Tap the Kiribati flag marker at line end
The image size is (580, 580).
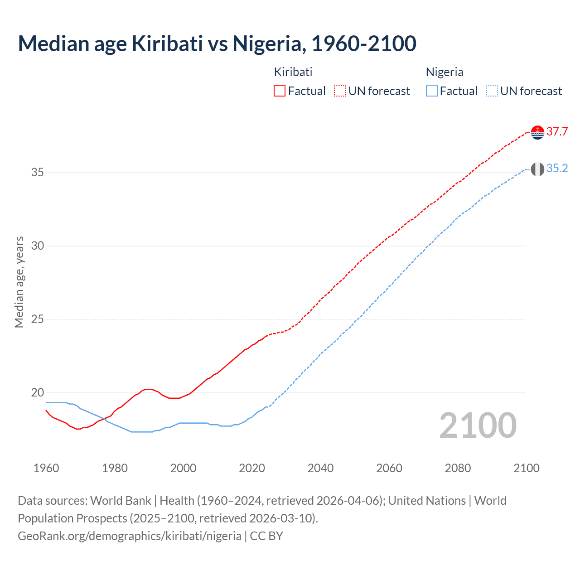(537, 132)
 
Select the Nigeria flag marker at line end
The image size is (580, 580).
(537, 169)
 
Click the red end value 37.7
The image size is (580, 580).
(557, 132)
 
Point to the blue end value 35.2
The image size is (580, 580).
(557, 169)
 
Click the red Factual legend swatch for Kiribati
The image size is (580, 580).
(280, 91)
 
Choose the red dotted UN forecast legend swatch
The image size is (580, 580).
(340, 91)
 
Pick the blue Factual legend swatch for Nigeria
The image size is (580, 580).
(432, 91)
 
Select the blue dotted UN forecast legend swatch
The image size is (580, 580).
(492, 91)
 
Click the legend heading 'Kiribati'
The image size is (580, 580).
(293, 72)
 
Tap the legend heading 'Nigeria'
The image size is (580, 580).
(445, 72)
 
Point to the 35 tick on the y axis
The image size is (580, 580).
(37, 173)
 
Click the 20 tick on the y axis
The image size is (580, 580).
(37, 392)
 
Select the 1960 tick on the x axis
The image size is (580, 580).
(46, 468)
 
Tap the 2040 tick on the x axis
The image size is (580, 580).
(320, 468)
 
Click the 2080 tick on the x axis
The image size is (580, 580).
(458, 468)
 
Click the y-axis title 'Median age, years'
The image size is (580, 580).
(19, 282)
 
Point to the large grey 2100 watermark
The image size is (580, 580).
(478, 425)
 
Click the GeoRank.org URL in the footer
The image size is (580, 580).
(130, 536)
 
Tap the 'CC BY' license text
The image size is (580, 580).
(266, 536)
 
